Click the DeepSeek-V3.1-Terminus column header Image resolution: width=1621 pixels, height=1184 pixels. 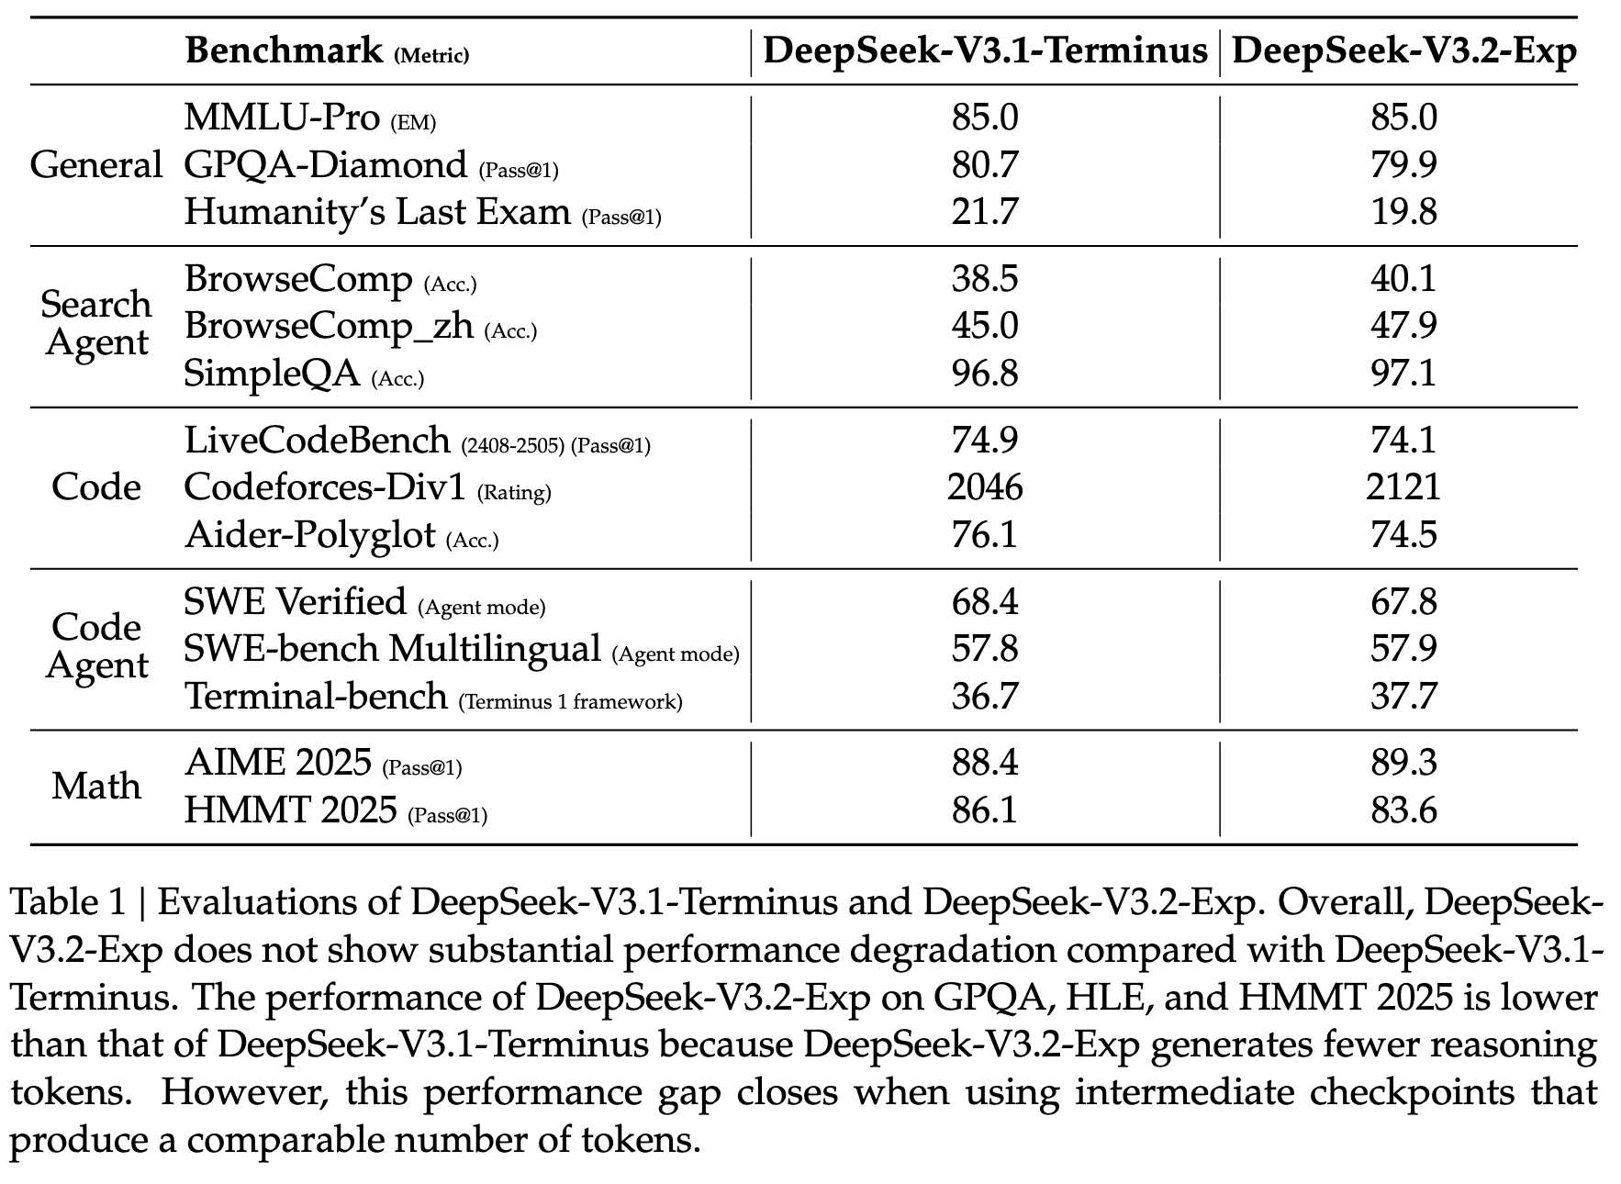tap(985, 51)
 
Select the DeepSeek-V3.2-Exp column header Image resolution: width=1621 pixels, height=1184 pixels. tap(1403, 51)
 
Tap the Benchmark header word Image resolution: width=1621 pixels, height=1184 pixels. tap(284, 51)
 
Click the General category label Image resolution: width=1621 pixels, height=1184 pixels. tap(95, 165)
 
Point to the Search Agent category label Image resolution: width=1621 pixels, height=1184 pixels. tap(96, 323)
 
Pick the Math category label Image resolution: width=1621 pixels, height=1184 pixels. tap(96, 787)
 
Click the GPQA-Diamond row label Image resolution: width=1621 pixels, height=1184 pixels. tap(326, 165)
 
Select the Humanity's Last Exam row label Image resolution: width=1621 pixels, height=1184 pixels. tap(377, 212)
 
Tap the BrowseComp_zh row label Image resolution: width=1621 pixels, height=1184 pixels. tap(329, 326)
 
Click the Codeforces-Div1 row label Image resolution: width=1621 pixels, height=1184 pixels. tap(325, 486)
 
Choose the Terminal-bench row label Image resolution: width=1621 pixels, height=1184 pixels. tap(316, 696)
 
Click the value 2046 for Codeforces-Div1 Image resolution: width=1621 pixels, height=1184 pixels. tap(985, 486)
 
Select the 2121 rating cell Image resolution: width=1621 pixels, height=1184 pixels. tap(1403, 486)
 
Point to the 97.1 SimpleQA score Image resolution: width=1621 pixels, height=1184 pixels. tap(1403, 374)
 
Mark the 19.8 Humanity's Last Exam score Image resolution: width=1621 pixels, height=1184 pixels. tap(1403, 212)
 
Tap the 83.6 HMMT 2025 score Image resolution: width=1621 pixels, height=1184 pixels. tap(1403, 810)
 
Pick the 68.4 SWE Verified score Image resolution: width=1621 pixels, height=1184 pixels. tap(985, 602)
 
